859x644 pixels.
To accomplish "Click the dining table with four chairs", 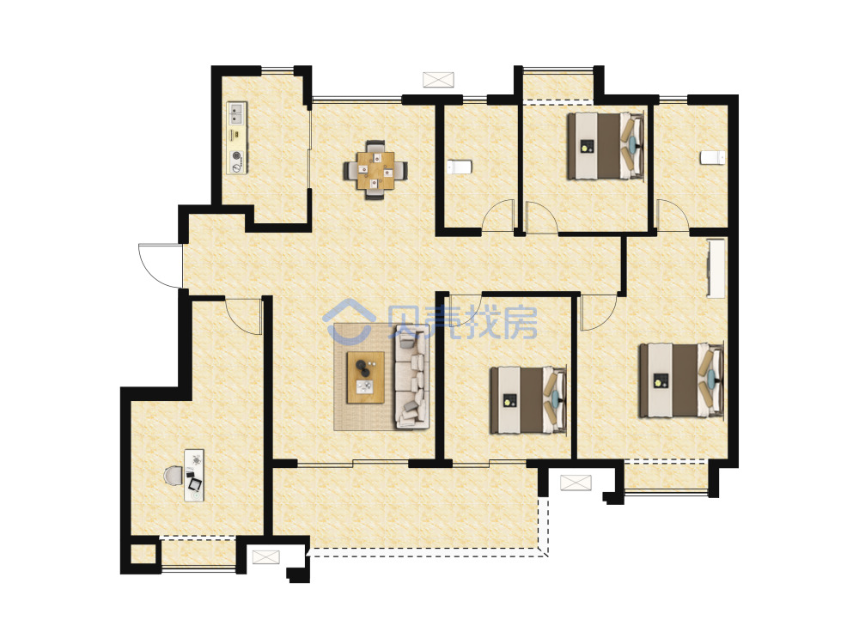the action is pyautogui.click(x=375, y=170).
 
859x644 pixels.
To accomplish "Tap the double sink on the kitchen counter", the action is pyautogui.click(x=237, y=113).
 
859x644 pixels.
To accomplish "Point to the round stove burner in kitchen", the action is pyautogui.click(x=237, y=155).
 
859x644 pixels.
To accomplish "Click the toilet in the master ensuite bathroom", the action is pyautogui.click(x=712, y=158).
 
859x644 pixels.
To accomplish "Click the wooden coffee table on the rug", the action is pyautogui.click(x=365, y=377).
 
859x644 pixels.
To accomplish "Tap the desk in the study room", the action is pyautogui.click(x=194, y=476).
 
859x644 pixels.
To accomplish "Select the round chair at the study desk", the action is pyautogui.click(x=174, y=476).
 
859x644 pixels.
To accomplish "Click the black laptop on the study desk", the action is pyautogui.click(x=194, y=483).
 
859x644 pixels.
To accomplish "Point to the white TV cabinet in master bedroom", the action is pyautogui.click(x=716, y=268).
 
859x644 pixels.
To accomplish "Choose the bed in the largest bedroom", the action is pyautogui.click(x=681, y=380).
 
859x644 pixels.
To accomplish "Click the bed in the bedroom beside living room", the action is pyautogui.click(x=528, y=400).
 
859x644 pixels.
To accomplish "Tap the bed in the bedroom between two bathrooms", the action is pyautogui.click(x=605, y=146).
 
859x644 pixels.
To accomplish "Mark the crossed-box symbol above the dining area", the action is pyautogui.click(x=438, y=79).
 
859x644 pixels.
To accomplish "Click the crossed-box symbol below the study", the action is pyautogui.click(x=265, y=557).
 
